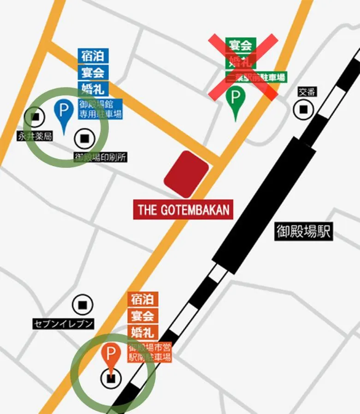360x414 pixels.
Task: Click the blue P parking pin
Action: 64,111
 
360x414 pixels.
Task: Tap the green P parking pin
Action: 236,97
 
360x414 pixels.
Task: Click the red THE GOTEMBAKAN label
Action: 183,210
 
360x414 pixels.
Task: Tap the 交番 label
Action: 307,92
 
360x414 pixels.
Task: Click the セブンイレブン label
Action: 63,324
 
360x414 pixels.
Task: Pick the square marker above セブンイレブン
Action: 83,305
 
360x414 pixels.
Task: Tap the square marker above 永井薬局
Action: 35,117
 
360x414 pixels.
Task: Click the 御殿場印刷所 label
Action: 100,157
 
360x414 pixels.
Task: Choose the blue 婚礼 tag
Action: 93,89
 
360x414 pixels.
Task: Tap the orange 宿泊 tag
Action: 143,299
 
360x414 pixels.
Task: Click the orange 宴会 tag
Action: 143,316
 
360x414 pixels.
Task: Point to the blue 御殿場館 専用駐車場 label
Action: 100,109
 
